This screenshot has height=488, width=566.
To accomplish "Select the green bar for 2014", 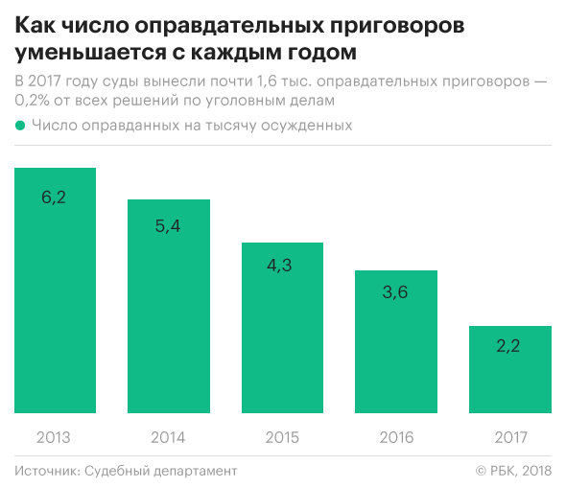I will point(168,307).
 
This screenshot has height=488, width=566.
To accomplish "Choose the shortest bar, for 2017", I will point(509,370).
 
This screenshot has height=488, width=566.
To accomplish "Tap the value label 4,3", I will point(282,266).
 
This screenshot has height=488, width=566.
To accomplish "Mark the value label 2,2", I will point(509,346).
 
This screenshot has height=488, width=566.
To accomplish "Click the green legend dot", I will point(20,125).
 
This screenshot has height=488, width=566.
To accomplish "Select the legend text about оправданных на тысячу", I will point(192,125).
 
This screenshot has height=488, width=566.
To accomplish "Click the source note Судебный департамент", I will point(160,471).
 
